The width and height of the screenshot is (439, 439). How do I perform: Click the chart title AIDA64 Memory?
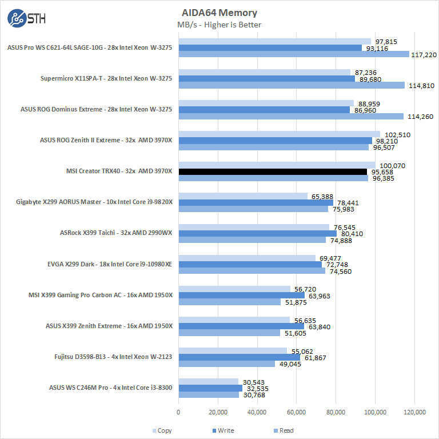(219, 13)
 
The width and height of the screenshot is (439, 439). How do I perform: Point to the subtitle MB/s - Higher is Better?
(219, 25)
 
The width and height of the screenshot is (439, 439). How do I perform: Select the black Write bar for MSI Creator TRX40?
(273, 171)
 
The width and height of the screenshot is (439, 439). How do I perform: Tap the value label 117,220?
(423, 54)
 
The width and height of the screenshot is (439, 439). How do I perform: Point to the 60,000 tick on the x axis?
(297, 412)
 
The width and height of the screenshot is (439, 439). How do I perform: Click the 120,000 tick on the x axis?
(414, 412)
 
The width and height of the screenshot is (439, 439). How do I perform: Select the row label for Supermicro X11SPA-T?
(106, 78)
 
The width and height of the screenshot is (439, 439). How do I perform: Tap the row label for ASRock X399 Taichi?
(116, 233)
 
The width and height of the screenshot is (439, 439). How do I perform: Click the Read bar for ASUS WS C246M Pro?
(209, 394)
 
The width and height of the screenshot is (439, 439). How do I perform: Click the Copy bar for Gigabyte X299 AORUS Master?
(243, 196)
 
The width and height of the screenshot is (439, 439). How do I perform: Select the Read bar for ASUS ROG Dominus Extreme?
(291, 117)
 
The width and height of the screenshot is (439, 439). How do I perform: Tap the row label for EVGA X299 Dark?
(110, 264)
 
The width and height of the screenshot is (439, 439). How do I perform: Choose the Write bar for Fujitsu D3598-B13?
(240, 357)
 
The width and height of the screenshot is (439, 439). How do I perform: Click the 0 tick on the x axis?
(179, 412)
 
